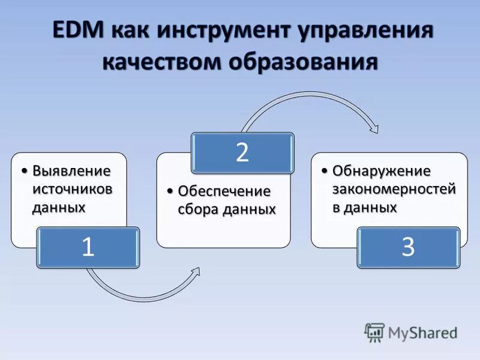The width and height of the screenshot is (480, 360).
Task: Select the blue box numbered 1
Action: [x=88, y=247]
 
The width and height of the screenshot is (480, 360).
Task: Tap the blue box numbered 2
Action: [x=242, y=152]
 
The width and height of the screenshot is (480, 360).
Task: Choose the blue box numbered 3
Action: [x=408, y=247]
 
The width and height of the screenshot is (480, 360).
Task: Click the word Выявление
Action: [x=71, y=171]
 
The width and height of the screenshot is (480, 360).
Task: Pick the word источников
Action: [x=72, y=189]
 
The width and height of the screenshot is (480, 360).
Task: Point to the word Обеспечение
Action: [x=224, y=191]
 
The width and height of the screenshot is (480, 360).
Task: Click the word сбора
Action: [x=199, y=209]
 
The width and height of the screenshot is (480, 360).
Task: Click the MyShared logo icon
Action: [x=374, y=331]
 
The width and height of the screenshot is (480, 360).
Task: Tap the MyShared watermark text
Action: [x=422, y=332]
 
